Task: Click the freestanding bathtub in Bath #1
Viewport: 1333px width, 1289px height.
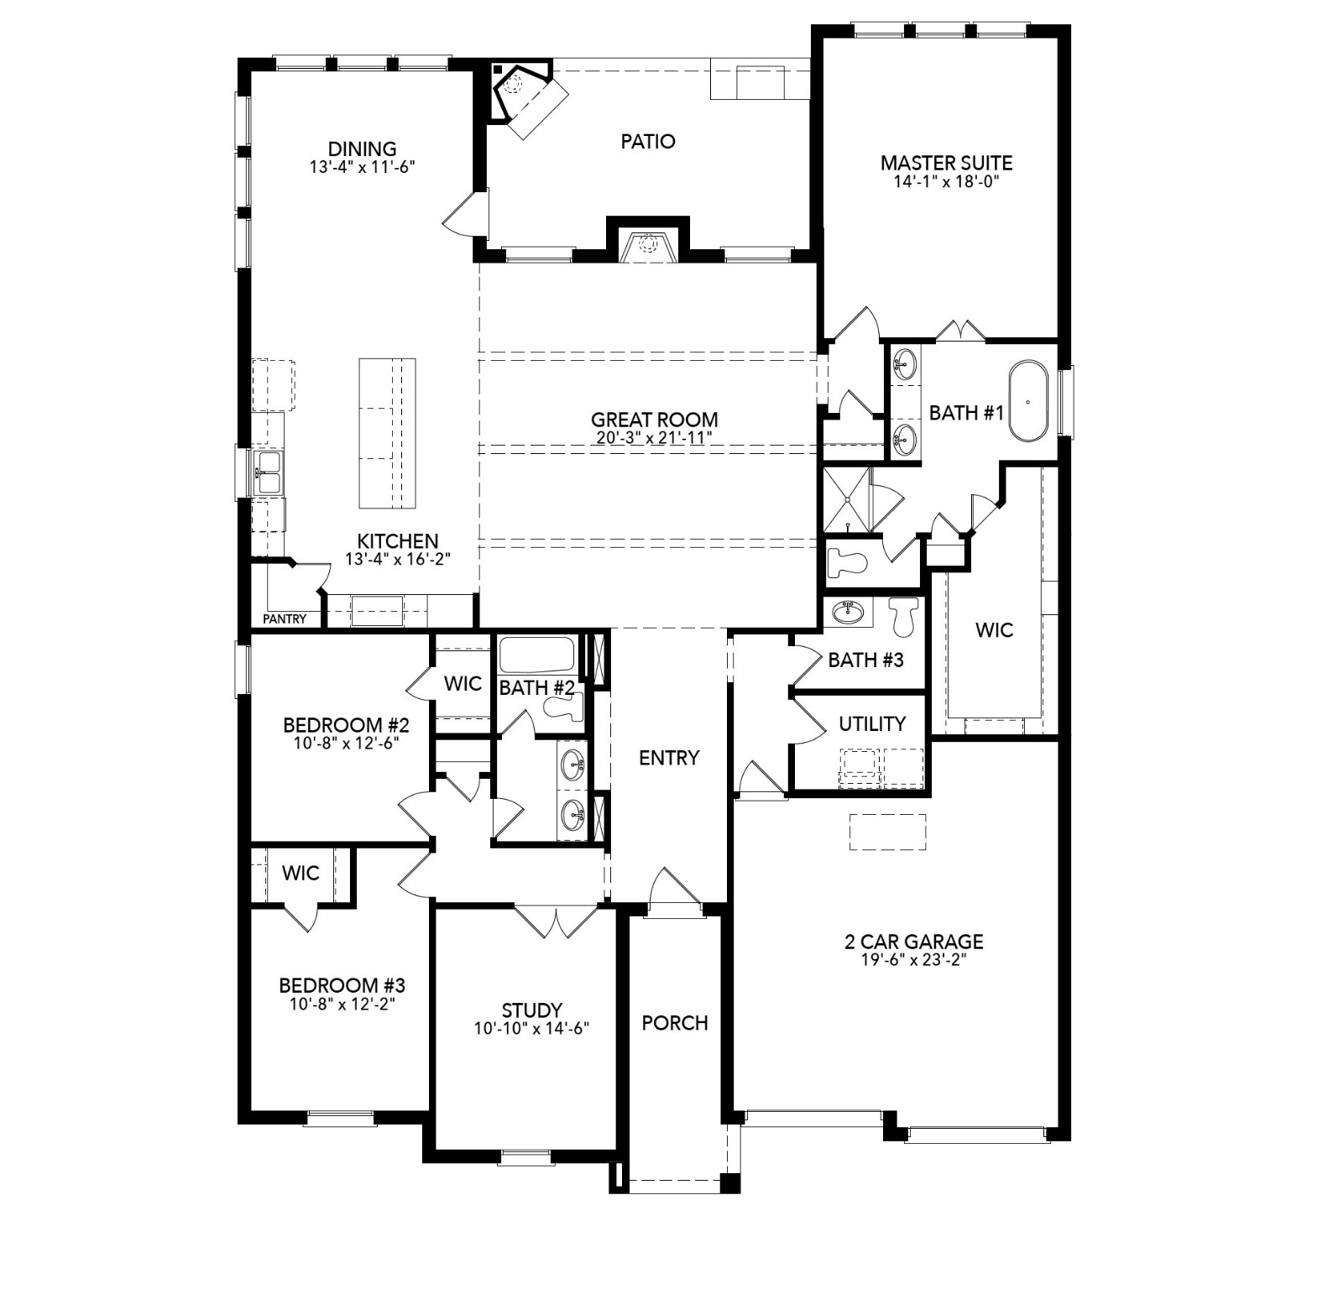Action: click(1028, 401)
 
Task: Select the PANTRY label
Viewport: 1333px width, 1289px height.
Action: click(285, 618)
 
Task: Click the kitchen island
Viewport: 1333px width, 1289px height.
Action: click(387, 433)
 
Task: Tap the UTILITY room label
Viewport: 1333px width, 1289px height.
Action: click(872, 723)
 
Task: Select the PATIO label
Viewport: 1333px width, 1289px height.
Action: click(648, 141)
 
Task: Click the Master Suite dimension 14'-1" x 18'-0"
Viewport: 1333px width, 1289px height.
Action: click(945, 181)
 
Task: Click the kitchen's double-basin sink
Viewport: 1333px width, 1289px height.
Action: click(269, 473)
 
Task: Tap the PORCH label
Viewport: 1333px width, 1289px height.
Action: click(675, 1023)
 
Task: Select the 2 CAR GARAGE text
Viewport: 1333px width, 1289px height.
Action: click(913, 942)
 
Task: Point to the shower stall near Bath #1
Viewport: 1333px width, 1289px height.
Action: click(849, 499)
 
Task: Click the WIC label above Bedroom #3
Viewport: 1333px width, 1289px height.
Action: click(301, 873)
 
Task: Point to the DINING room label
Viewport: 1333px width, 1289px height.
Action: click(362, 149)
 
